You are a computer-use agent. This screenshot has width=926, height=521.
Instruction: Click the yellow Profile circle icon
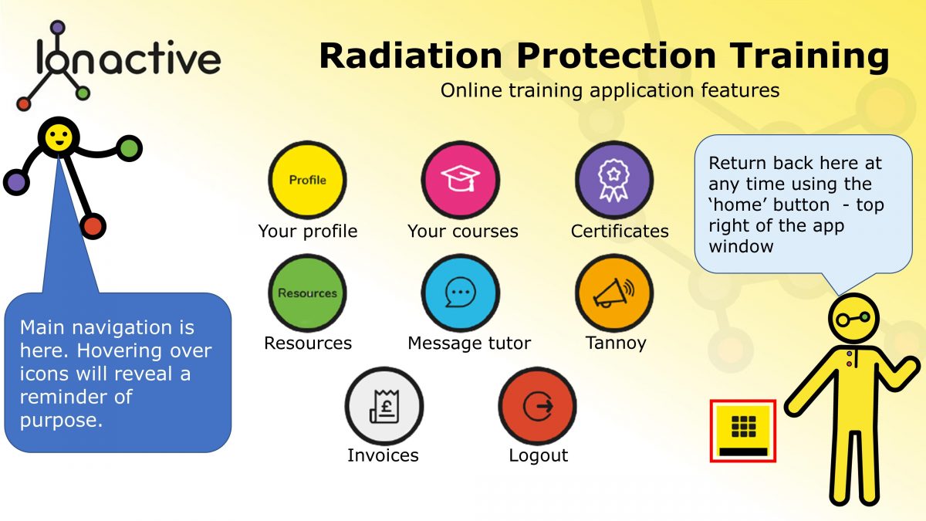[307, 180]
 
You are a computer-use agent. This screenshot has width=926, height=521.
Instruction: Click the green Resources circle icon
[307, 293]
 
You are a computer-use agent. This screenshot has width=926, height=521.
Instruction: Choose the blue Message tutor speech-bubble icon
[461, 293]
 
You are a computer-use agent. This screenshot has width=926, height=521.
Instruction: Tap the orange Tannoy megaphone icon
[614, 293]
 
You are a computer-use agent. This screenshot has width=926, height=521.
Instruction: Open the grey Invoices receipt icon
[384, 405]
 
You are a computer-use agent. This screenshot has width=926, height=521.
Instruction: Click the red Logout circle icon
[537, 405]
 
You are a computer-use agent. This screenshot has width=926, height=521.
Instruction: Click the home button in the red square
[742, 431]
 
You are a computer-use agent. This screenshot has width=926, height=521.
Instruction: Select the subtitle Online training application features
[610, 90]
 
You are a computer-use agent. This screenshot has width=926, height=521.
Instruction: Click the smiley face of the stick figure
[58, 137]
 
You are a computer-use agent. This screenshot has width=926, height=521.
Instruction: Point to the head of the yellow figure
[853, 317]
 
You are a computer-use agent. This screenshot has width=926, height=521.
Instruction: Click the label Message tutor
[469, 343]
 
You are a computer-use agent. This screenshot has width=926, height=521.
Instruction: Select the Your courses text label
[462, 231]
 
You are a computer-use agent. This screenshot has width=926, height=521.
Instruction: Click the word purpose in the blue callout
[61, 421]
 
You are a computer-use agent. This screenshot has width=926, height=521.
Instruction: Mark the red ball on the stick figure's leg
[93, 226]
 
